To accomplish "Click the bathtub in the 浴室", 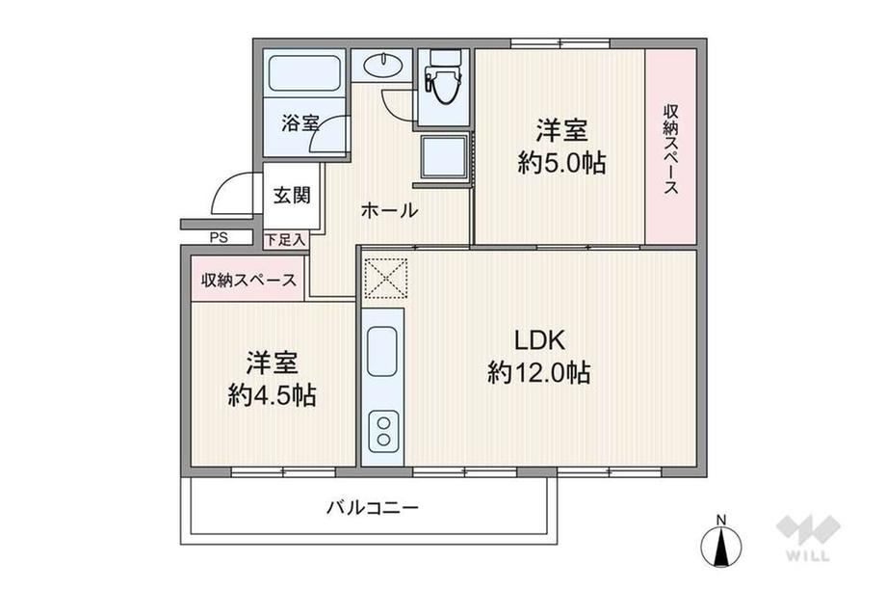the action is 305,73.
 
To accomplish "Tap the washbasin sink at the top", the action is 383,64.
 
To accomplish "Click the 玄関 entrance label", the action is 292,196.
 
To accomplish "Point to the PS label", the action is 219,238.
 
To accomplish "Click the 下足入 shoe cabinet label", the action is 285,240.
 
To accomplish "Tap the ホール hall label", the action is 389,211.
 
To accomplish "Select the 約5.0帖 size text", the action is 561,164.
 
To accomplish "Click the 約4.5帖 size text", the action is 272,395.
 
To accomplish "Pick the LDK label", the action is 539,340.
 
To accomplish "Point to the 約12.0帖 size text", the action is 539,373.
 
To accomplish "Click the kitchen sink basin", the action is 382,351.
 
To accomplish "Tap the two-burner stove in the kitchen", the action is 383,431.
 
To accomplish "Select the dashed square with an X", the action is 385,279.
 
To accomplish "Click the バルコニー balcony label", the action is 373,507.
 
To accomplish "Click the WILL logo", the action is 809,537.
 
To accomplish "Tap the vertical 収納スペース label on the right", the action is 670,148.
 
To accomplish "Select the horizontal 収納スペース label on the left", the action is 248,280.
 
